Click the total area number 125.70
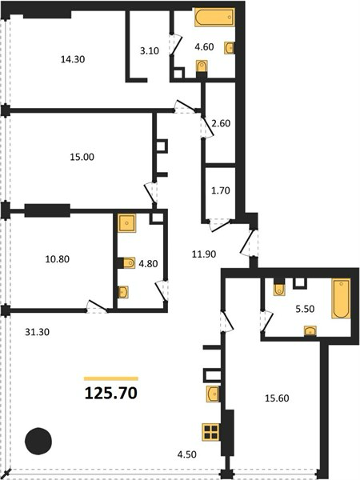[111, 393]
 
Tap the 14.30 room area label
[73, 59]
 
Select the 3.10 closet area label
[150, 51]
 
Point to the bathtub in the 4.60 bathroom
[214, 18]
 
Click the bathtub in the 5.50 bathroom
[341, 298]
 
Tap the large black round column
[38, 441]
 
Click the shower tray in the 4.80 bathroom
[127, 223]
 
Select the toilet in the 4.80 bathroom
[129, 262]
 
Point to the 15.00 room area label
[82, 157]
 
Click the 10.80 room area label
[58, 259]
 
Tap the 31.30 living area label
[37, 332]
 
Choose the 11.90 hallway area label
[204, 254]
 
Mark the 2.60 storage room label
[221, 123]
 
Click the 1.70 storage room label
[221, 190]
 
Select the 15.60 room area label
[277, 398]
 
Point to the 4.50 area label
[186, 454]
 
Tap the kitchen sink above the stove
[213, 394]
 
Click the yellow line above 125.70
[111, 378]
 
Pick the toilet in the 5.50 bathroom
[279, 290]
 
